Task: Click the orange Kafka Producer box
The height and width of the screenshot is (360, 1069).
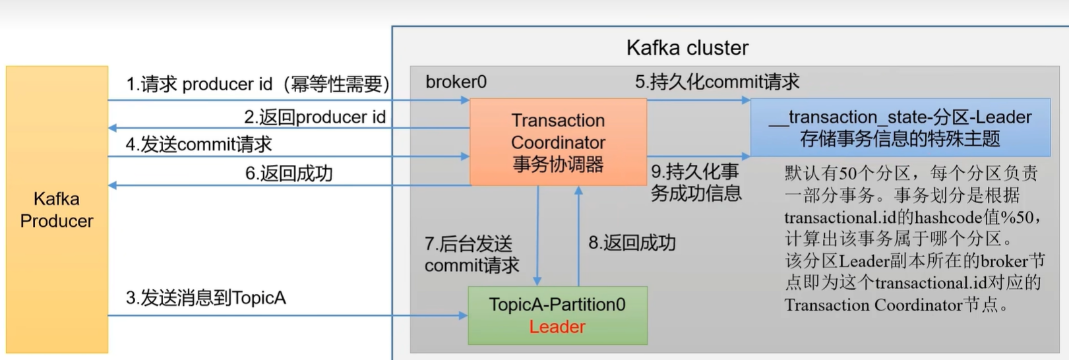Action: pos(57,210)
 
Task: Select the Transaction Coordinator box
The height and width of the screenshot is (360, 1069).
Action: pos(558,141)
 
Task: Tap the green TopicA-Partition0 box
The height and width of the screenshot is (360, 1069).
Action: pos(557,315)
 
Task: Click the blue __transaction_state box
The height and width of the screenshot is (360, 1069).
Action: pos(900,127)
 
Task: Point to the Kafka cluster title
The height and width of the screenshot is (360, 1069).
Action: pos(687,47)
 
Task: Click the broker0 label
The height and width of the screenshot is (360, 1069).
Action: pos(456,82)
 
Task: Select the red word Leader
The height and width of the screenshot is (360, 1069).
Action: pos(557,327)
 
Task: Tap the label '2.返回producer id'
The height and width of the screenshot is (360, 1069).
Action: pos(315,117)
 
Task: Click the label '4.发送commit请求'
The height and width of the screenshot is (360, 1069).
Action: pos(199,144)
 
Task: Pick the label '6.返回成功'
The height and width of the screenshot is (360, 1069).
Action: pos(289,173)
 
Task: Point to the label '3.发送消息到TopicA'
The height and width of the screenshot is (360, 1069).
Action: pos(206,298)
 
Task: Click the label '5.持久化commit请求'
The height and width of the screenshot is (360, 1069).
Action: pos(717,82)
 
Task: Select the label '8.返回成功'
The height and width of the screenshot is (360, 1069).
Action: pos(632,243)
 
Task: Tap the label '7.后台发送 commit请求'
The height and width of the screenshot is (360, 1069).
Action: pos(472,255)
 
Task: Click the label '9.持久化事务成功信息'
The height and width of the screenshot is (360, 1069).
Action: pos(696,183)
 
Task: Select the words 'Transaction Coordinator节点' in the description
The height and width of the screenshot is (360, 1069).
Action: pos(890,305)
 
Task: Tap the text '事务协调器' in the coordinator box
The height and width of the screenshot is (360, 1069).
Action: pos(558,164)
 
